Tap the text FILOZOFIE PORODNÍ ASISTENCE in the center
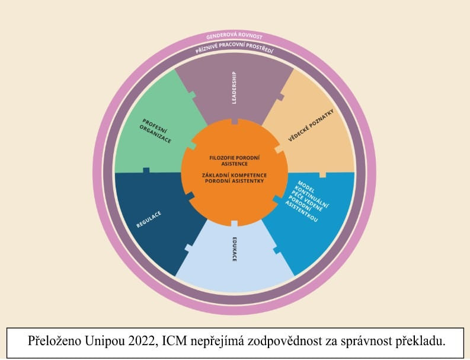coord(234,160)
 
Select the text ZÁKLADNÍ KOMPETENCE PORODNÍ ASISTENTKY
coord(234,178)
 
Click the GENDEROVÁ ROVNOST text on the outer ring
coord(234,37)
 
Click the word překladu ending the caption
coord(418,342)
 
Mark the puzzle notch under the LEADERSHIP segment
coord(235,121)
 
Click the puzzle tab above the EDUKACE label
coord(235,224)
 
